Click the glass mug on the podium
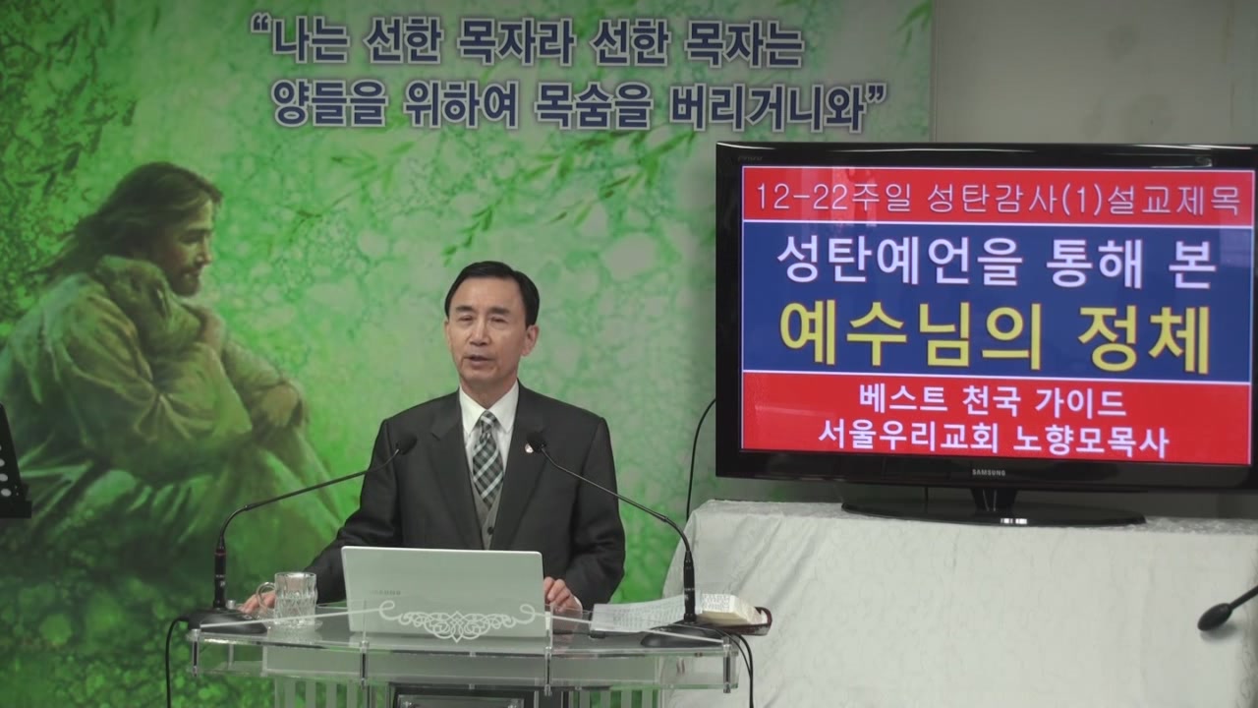pos(290,599)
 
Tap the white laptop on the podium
pos(443,592)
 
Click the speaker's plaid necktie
pos(486,456)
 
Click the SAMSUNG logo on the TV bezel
pos(989,473)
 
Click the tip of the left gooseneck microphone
pos(406,443)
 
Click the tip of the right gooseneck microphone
pos(537,442)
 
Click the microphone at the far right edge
pos(1228,611)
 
